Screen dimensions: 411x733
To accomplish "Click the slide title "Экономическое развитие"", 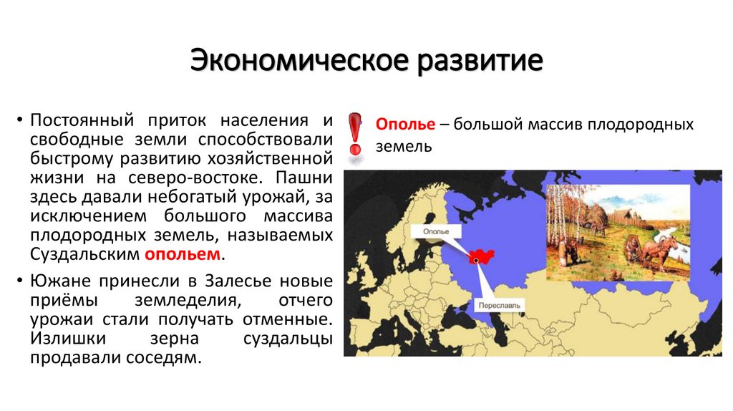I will (366, 60).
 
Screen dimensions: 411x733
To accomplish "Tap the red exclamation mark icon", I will (354, 134).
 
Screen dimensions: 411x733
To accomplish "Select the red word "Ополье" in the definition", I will (405, 125).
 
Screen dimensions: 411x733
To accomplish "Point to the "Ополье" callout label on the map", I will (436, 232).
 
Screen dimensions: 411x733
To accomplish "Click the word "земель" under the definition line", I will (403, 147).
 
